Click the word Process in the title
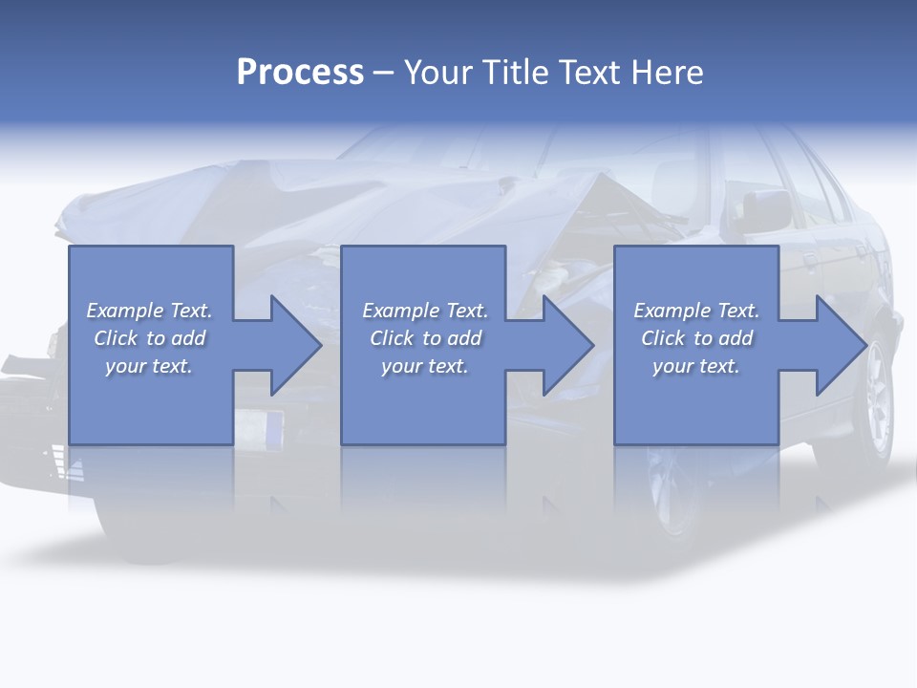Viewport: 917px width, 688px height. pos(300,73)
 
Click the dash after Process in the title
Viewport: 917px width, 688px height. pos(384,74)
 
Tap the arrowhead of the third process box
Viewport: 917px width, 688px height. pos(840,345)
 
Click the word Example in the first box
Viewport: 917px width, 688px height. pos(125,311)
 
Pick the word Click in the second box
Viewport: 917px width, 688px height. pos(392,338)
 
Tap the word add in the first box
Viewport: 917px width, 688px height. pos(188,338)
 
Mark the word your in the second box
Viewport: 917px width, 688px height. pos(400,366)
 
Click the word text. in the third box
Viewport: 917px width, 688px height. pos(718,366)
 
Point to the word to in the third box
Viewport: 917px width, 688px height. pos(703,338)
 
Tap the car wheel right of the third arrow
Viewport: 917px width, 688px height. pos(874,401)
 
